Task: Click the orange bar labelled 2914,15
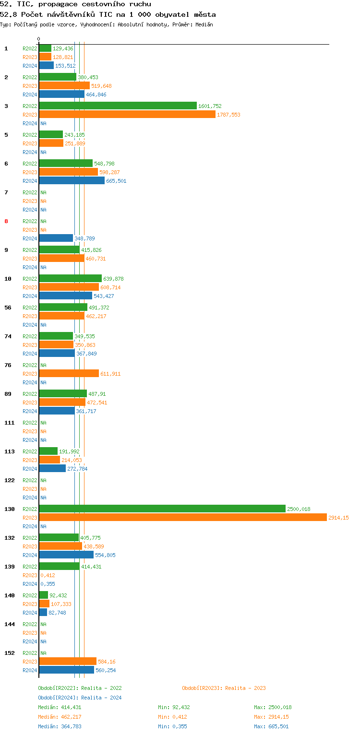(x=182, y=517)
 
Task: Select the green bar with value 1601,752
(x=118, y=106)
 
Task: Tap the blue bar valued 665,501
(x=72, y=180)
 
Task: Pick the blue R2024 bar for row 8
(x=56, y=238)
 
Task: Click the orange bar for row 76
(x=69, y=373)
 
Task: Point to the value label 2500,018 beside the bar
(x=299, y=509)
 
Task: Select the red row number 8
(x=6, y=221)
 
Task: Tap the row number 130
(x=10, y=509)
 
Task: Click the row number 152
(x=10, y=653)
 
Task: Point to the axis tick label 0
(x=39, y=39)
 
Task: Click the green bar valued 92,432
(x=43, y=595)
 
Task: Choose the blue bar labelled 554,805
(x=66, y=555)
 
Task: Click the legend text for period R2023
(x=224, y=688)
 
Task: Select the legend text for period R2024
(x=80, y=698)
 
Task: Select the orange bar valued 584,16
(x=68, y=661)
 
